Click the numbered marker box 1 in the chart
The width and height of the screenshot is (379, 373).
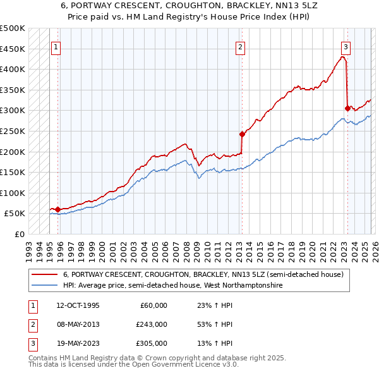click(56, 46)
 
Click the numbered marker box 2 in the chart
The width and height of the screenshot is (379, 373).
click(241, 46)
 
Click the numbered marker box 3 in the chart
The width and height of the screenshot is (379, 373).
click(346, 46)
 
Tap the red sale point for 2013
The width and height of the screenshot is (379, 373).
click(241, 134)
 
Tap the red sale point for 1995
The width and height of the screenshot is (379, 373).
click(57, 209)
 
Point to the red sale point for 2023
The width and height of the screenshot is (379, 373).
click(347, 108)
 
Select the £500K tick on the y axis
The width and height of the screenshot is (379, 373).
click(13, 28)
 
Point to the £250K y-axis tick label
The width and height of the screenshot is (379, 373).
click(13, 131)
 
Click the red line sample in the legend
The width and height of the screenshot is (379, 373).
click(45, 274)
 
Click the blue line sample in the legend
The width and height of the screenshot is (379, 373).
click(45, 286)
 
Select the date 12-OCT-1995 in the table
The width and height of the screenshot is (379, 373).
click(78, 305)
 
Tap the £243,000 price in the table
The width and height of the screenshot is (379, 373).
click(152, 324)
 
